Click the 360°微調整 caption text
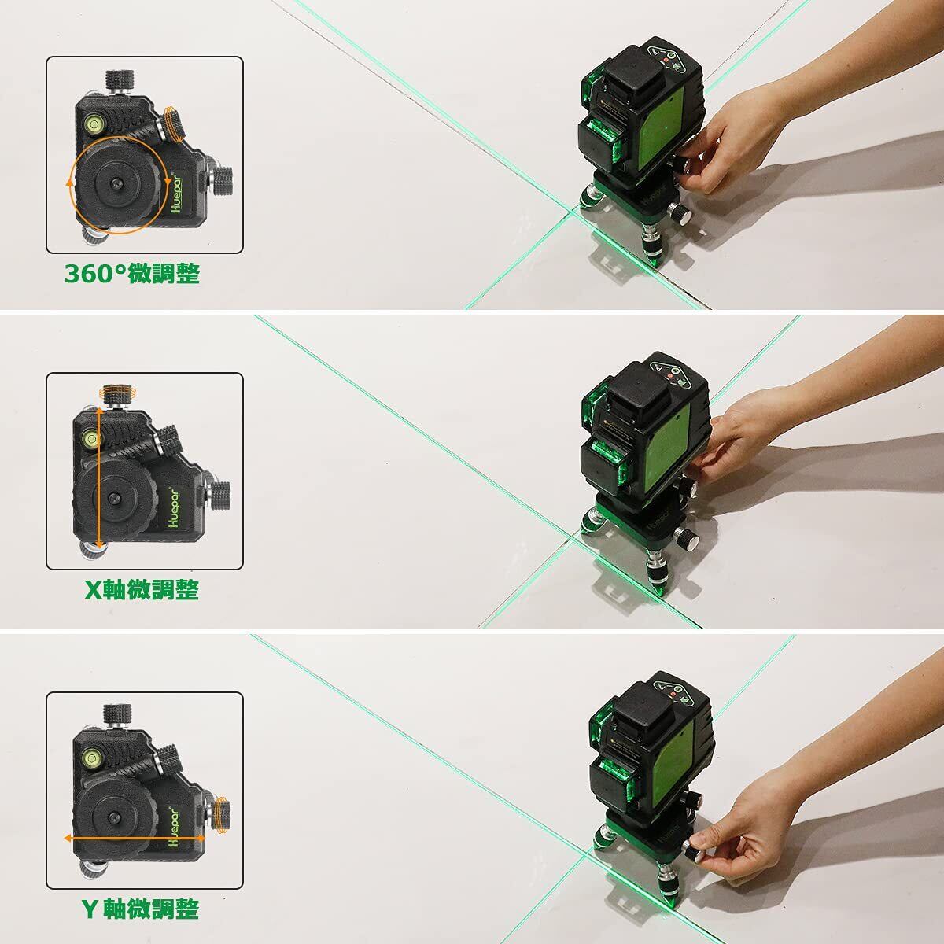coord(132,274)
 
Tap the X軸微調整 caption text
coord(142,590)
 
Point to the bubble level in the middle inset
coord(91,437)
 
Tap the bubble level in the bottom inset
coord(91,758)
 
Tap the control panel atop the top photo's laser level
coord(668,60)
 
